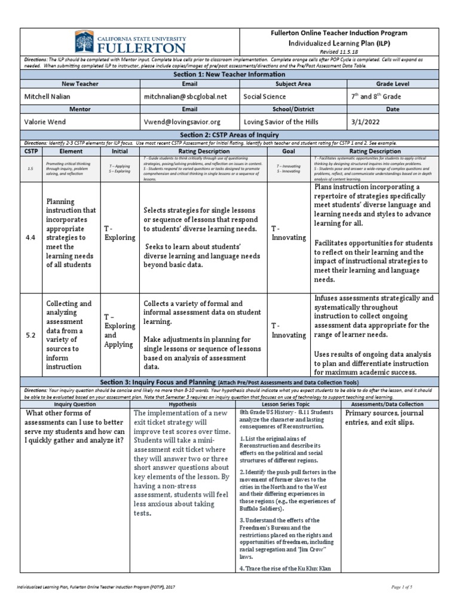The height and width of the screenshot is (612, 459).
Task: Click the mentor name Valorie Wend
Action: point(47,121)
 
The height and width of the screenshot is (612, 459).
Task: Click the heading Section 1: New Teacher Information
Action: point(229,74)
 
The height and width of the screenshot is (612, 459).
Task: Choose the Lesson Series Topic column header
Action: point(289,405)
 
